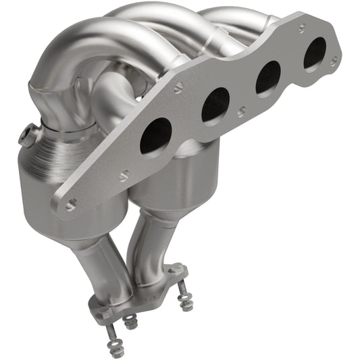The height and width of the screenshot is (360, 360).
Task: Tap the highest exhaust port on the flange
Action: [314, 52]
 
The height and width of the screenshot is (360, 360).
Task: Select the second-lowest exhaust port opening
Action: [215, 105]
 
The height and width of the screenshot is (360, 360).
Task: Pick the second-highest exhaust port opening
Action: [267, 76]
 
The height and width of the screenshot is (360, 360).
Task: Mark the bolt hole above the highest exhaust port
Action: [301, 28]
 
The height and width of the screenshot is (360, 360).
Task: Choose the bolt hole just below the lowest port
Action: [124, 177]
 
